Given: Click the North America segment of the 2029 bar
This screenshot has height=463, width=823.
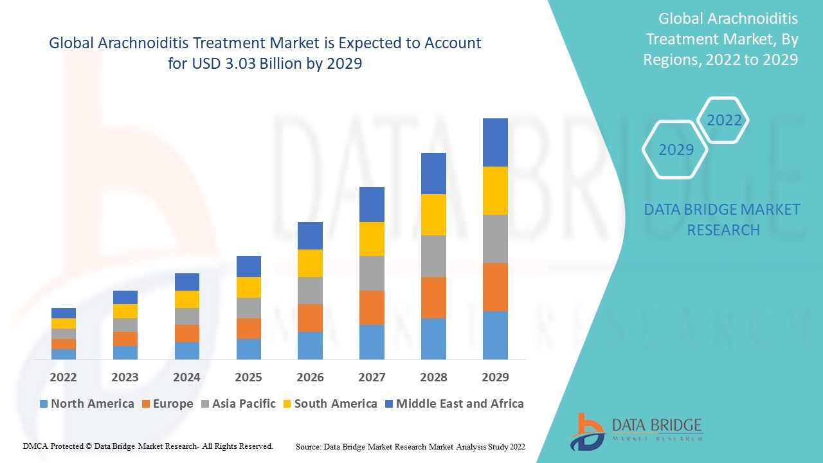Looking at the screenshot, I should (495, 335).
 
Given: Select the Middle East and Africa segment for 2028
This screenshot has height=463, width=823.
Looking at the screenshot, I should (433, 174).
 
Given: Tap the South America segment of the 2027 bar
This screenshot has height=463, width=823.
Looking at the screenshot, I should (372, 239).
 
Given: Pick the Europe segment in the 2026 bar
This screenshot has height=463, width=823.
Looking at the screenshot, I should (310, 318).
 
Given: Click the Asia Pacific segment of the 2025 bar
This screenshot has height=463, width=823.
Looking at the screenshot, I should (249, 308).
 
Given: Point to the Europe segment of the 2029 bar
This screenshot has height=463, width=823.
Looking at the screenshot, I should (495, 287).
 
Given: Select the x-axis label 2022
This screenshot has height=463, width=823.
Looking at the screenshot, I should (63, 377).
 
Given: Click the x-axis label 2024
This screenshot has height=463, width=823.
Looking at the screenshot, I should (186, 377).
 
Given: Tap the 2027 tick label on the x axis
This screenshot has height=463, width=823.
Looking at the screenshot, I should (372, 377).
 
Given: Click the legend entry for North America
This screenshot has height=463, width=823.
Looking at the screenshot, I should (87, 404).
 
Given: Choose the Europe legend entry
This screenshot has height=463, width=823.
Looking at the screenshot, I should (167, 404).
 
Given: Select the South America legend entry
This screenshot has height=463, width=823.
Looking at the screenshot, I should (329, 404).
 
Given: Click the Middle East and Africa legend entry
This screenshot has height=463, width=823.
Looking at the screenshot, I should (453, 404).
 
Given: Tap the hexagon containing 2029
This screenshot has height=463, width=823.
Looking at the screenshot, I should (675, 150).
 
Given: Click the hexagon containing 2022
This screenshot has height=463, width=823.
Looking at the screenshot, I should (723, 120).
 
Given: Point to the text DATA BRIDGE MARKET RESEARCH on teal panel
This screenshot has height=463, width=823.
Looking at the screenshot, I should (723, 219).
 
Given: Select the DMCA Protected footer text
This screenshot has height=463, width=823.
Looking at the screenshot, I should (148, 446).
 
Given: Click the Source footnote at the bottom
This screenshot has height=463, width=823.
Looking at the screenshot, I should (410, 446).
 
